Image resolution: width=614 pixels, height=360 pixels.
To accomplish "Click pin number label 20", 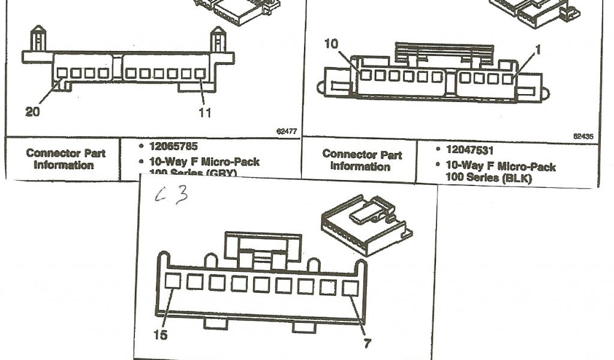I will point(32,112).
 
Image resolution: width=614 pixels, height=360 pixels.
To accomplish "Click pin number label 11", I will point(204,112).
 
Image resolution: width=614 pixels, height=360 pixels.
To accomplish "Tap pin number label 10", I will point(332,44).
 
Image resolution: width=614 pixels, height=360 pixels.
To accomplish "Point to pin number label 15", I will point(161,335).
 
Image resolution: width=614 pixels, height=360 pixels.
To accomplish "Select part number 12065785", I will point(173,146).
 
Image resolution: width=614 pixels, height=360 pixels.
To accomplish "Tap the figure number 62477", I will point(287,130).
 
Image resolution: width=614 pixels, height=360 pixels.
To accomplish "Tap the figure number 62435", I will point(583,136).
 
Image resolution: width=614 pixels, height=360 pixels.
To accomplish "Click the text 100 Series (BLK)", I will point(489,178).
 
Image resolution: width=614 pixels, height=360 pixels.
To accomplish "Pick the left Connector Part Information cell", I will point(65,159).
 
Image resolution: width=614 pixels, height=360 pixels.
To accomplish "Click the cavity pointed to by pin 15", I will point(173,281).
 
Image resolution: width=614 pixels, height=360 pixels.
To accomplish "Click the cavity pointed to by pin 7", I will point(350,288).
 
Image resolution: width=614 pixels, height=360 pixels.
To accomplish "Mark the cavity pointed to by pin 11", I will point(200,74).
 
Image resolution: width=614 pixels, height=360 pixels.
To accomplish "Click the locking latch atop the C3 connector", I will point(261,247).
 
